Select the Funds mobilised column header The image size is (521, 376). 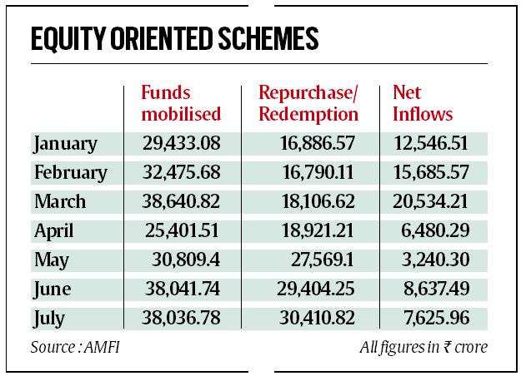pos(181,102)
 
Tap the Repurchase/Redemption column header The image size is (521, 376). pos(308,102)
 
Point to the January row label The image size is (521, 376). pos(66,144)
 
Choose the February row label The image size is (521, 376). pos(71,173)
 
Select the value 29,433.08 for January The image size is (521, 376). pos(181,144)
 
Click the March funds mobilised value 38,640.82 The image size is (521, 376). pos(181,201)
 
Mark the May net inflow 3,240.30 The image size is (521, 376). pos(433,260)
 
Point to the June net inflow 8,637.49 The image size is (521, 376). pos(433,289)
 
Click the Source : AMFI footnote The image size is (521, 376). pos(73,346)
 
